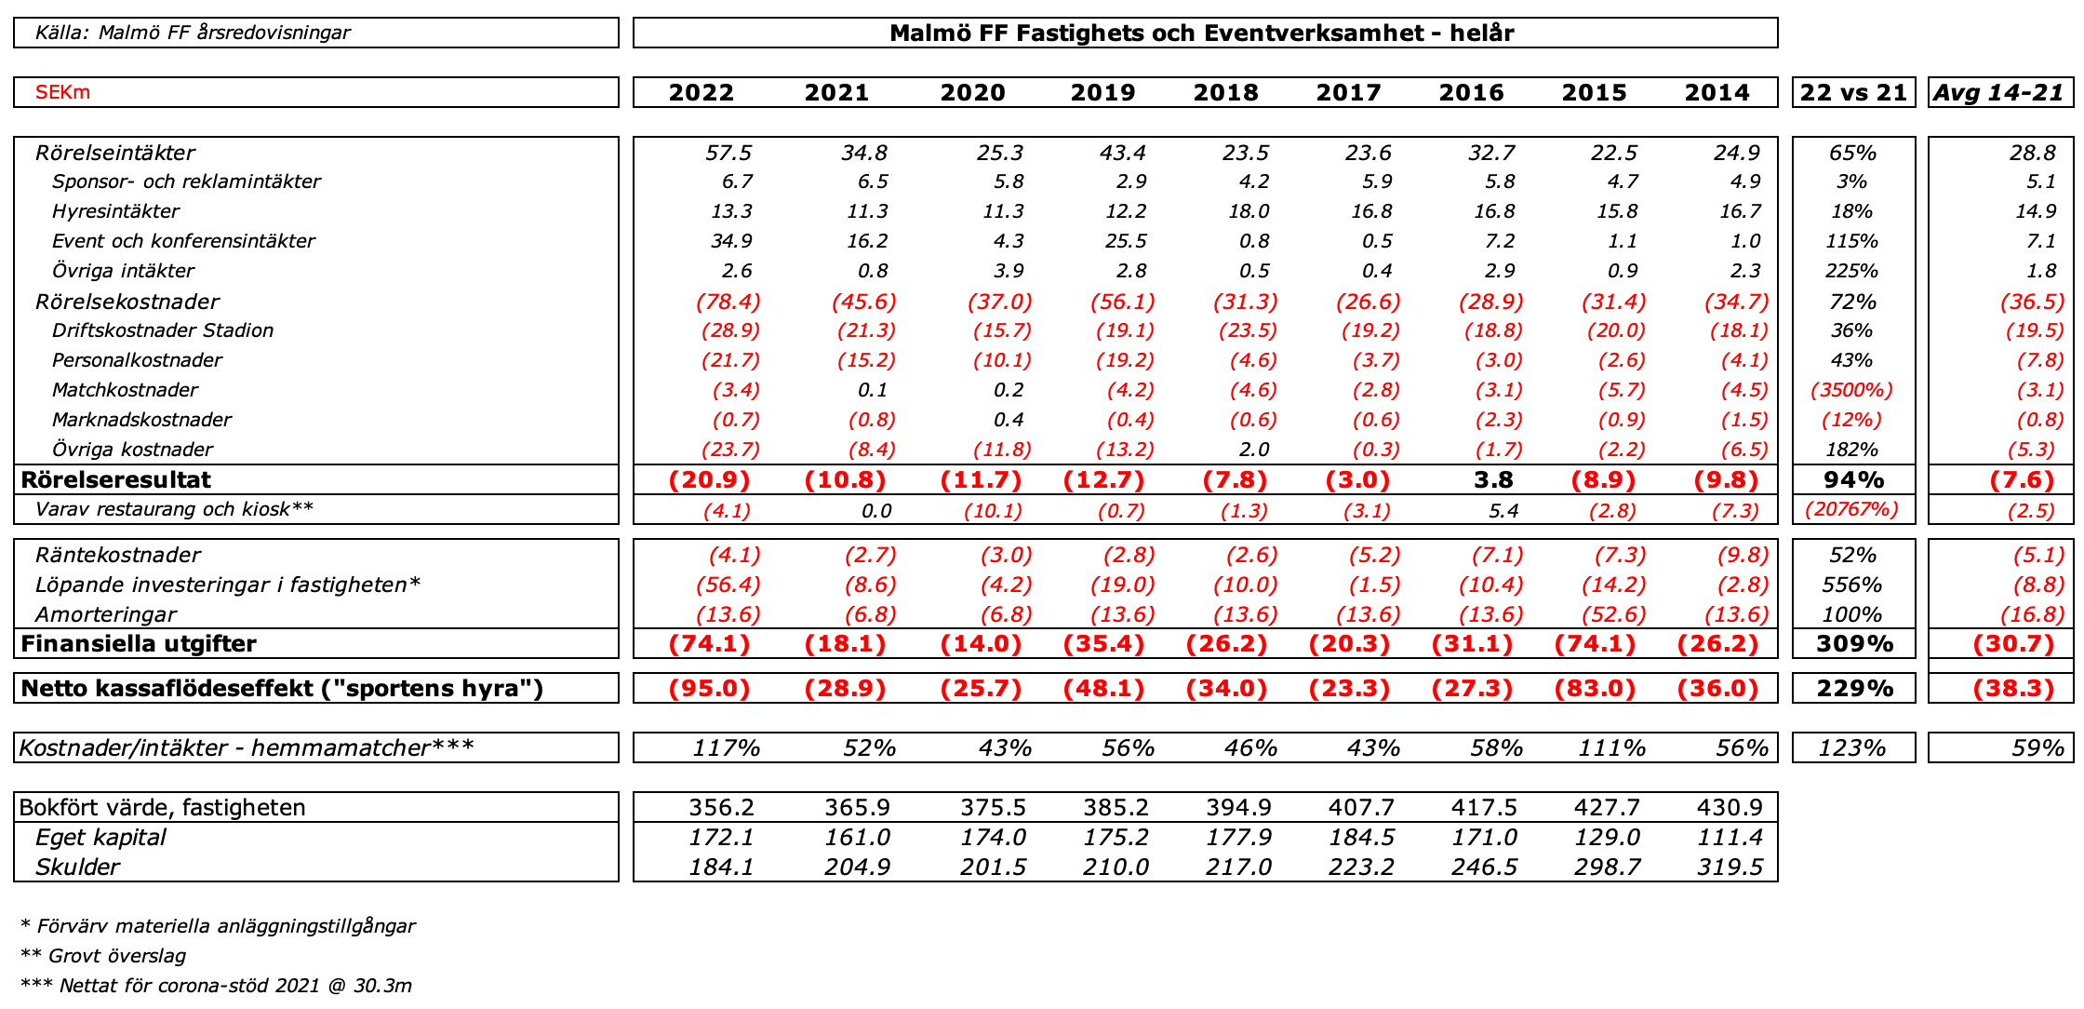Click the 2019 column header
coord(1102,92)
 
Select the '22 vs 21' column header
coord(1853,92)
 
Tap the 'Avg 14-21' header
coord(1999,92)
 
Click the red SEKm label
coord(62,92)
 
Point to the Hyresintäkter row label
coord(115,211)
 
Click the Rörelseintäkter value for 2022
coord(728,153)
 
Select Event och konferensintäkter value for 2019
coord(1125,241)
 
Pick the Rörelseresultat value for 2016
coord(1493,479)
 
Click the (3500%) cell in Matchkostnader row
coord(1851,390)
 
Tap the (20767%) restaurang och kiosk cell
coord(1851,509)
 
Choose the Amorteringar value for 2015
coord(1613,614)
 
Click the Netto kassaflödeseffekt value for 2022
coord(709,689)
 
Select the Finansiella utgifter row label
coord(139,644)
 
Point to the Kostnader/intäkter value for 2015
coord(1611,748)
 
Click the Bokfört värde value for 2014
coord(1730,807)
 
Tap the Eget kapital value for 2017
coord(1361,837)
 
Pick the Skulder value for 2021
coord(857,867)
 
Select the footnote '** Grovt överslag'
coord(103,956)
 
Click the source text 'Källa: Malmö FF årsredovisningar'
coord(193,33)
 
